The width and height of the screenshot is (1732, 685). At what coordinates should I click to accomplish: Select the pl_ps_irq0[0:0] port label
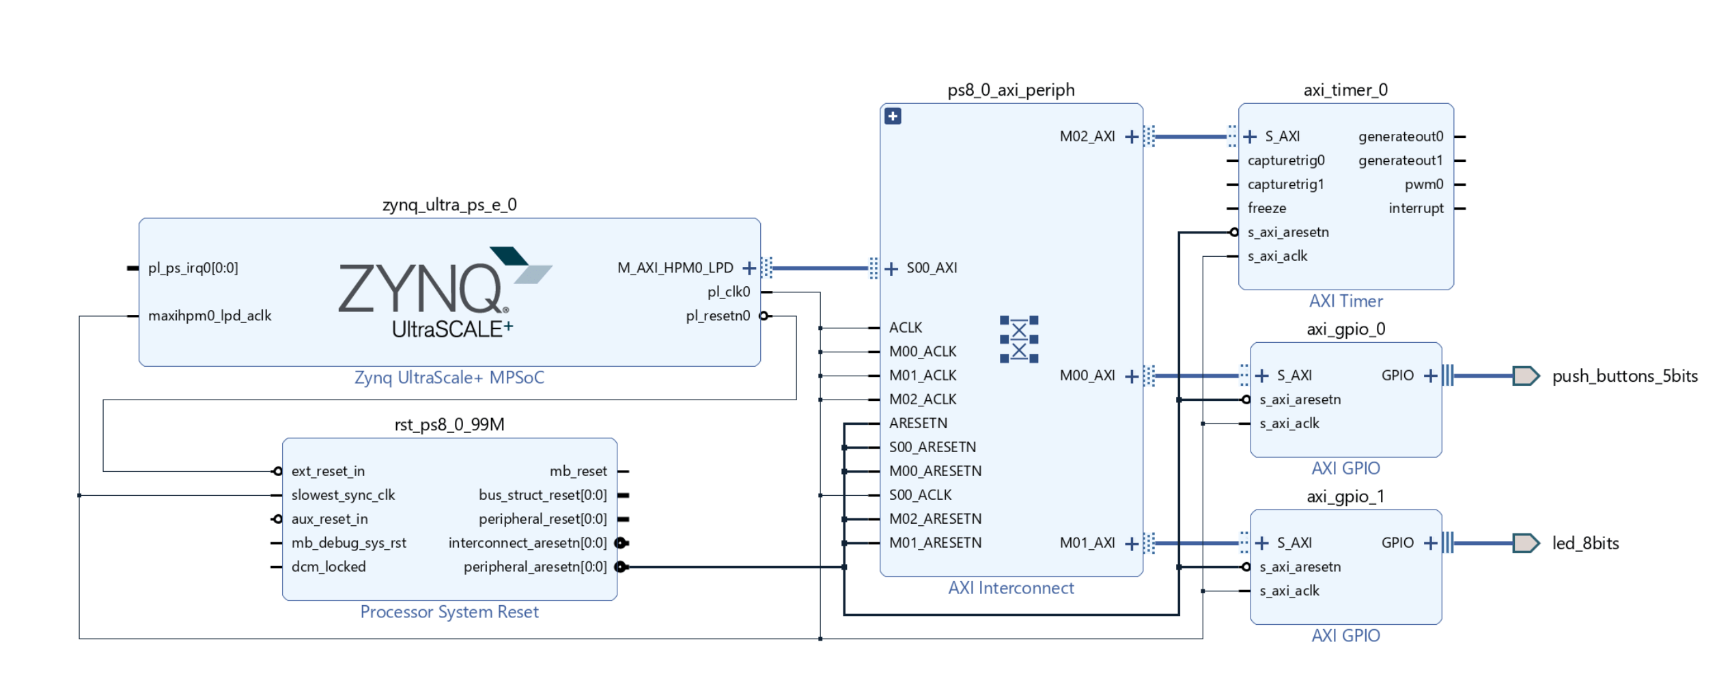pos(193,268)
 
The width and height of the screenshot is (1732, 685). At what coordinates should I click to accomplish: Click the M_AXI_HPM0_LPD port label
pos(675,268)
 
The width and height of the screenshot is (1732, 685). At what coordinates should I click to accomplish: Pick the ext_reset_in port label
pos(328,471)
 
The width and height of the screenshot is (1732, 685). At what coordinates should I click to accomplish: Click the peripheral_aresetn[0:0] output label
pos(535,567)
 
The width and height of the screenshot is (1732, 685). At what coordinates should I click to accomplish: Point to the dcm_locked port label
pos(329,567)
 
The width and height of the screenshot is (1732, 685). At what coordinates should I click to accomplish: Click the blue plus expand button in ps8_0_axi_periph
pos(893,116)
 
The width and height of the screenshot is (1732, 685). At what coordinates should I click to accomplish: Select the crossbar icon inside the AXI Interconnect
pos(1018,339)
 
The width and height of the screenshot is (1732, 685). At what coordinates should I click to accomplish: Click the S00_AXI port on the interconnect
pos(931,268)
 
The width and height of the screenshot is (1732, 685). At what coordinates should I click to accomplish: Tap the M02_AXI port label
pos(1087,137)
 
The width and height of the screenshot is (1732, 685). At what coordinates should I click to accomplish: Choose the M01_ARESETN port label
pos(935,543)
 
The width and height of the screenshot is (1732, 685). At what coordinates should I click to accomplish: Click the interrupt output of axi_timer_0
pos(1416,208)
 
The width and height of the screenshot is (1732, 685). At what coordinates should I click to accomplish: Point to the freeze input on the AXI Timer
pos(1266,208)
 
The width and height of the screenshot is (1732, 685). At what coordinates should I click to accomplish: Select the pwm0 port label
pos(1423,184)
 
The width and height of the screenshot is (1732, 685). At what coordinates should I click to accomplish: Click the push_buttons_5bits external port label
pos(1624,376)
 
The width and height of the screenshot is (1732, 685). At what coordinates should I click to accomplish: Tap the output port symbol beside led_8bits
pos(1525,543)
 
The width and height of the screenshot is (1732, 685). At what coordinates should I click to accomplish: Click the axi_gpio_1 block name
pos(1345,497)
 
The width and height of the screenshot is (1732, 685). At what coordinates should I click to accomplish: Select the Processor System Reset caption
pos(449,612)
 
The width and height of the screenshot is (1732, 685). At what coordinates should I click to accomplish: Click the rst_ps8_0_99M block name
pos(449,425)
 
